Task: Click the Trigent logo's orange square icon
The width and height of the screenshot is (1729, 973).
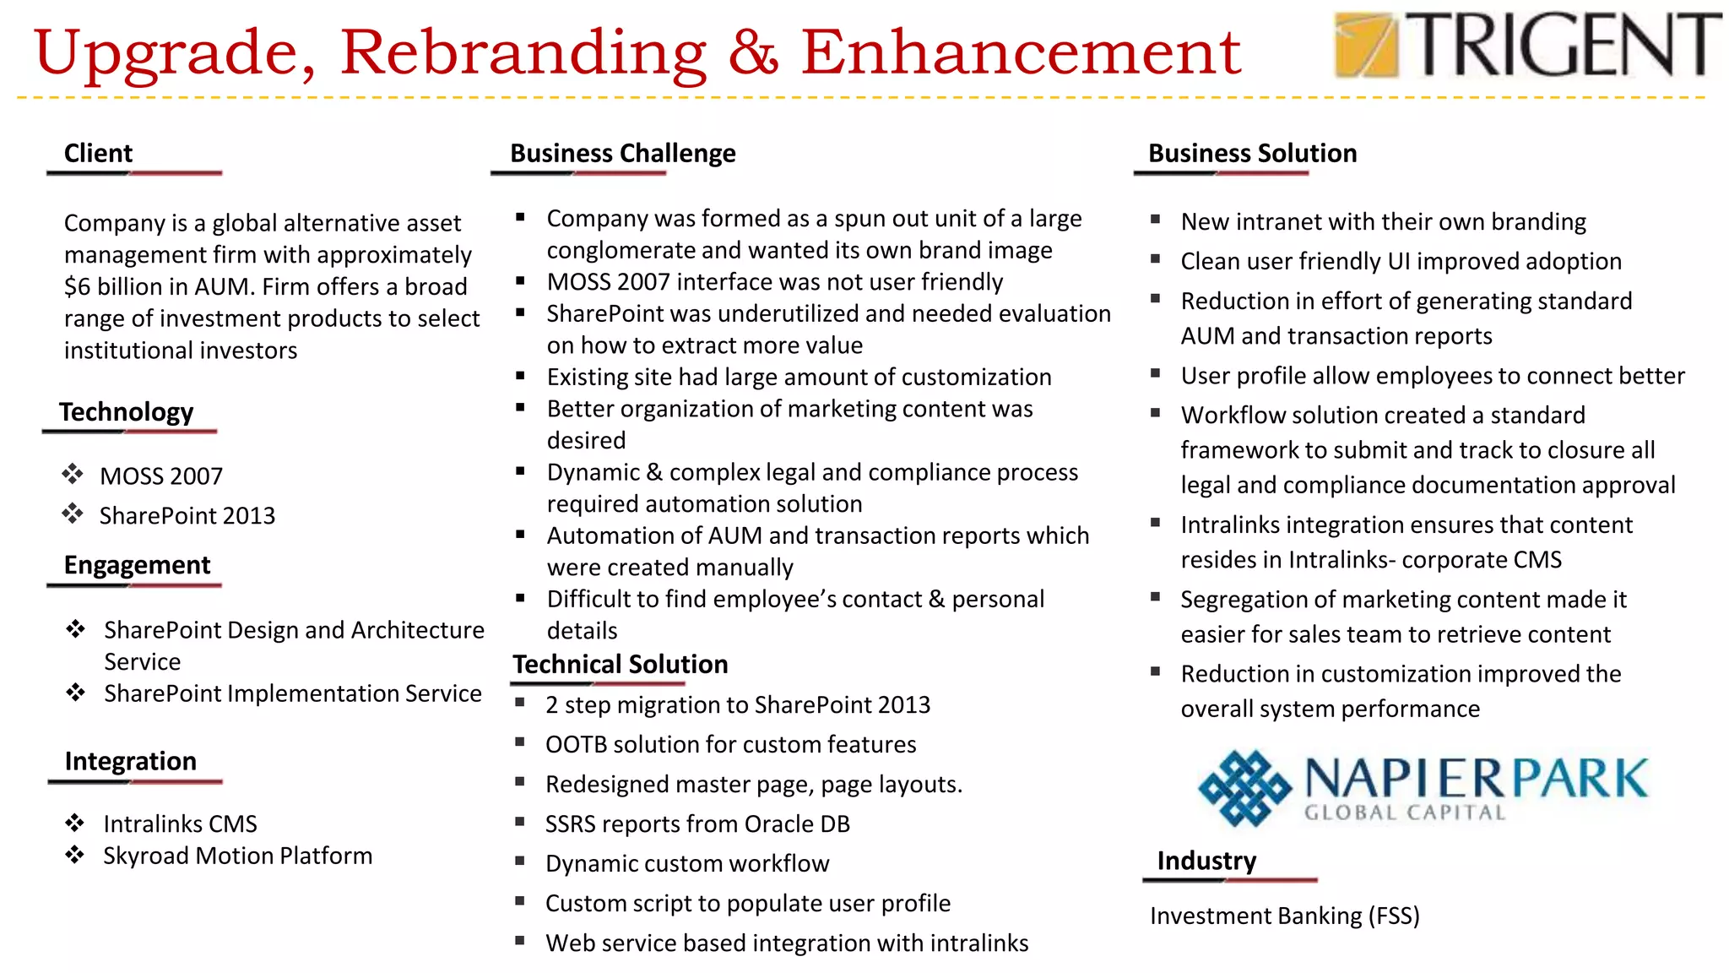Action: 1365,45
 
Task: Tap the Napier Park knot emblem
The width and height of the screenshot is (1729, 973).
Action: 1244,787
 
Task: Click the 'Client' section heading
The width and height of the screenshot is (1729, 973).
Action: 98,154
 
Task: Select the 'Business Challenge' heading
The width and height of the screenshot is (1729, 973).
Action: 622,154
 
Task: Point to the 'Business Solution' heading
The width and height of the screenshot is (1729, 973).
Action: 1252,154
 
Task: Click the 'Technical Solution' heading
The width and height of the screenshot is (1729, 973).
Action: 620,665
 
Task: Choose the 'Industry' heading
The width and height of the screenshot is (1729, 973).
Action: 1206,862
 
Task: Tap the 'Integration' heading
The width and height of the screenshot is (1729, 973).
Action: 130,762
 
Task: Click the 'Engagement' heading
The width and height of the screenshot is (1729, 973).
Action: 137,565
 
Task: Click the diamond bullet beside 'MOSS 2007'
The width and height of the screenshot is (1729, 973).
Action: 73,474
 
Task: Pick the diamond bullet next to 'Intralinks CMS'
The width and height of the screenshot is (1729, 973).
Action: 75,823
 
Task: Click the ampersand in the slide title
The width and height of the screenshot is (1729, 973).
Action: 753,52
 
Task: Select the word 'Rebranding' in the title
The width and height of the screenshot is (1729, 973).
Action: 523,52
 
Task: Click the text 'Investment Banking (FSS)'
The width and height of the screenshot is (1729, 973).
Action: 1284,916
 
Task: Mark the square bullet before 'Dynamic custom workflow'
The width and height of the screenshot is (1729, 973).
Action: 520,862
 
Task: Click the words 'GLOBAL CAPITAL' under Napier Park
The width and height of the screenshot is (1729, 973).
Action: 1405,813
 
